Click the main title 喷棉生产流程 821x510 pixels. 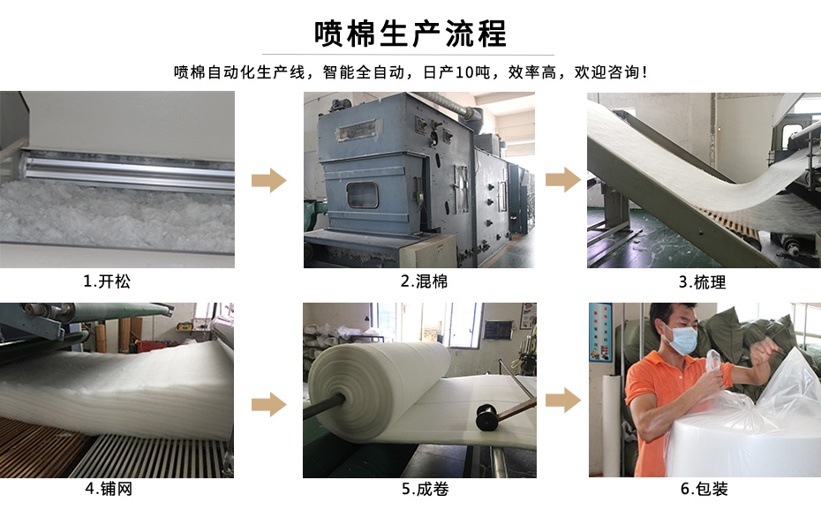tap(410, 34)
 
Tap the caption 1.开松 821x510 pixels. tap(107, 281)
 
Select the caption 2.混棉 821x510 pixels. tap(424, 281)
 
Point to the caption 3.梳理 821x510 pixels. tap(702, 282)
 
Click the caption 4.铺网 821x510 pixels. tap(109, 489)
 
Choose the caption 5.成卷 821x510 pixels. tap(426, 489)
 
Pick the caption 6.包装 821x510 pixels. tap(704, 489)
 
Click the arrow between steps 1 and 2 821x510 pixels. tap(269, 181)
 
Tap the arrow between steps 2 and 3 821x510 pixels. tap(563, 179)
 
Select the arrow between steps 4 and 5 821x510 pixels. tap(269, 404)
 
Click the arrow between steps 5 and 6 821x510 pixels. tap(563, 401)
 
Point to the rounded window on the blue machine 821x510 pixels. tap(362, 195)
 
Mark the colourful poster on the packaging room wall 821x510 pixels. tap(600, 333)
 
